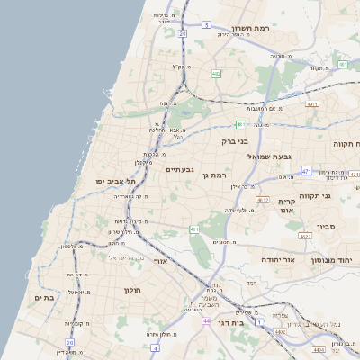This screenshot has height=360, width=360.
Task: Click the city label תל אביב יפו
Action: pos(111,182)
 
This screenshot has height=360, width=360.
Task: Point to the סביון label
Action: pos(325,228)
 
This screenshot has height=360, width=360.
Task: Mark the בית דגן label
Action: pos(243,322)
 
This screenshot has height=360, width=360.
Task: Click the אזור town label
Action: pos(162,261)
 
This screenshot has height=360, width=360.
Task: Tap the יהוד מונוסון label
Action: pos(335,259)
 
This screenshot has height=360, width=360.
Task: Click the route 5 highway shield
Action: pos(206,25)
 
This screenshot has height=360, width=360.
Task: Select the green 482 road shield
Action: pos(239,123)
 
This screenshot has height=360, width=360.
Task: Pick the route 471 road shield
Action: pos(306,171)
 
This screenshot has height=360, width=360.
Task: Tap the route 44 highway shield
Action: pos(206,320)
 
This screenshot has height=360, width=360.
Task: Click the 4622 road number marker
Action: pos(305,237)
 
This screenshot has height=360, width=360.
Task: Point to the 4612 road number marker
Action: pos(264,200)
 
